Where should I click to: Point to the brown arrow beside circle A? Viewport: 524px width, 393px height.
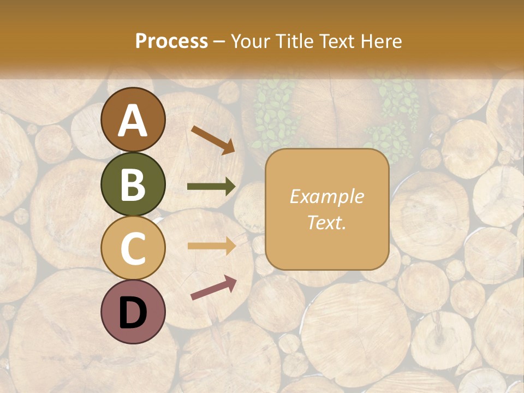(x=212, y=140)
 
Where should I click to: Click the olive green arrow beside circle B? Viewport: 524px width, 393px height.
(x=211, y=187)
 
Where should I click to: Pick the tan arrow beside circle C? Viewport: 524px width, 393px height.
(x=211, y=246)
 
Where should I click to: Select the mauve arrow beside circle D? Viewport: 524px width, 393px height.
(x=213, y=288)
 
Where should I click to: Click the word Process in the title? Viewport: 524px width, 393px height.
(x=171, y=41)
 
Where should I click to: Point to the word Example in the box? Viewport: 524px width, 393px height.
(x=326, y=196)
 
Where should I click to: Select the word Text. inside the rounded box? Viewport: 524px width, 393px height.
(x=326, y=222)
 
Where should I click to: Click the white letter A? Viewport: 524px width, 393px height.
(x=133, y=121)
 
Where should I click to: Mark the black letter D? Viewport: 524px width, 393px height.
(x=133, y=312)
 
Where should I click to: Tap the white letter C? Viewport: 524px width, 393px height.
(x=133, y=248)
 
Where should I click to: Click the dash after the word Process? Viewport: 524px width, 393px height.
(x=219, y=41)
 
